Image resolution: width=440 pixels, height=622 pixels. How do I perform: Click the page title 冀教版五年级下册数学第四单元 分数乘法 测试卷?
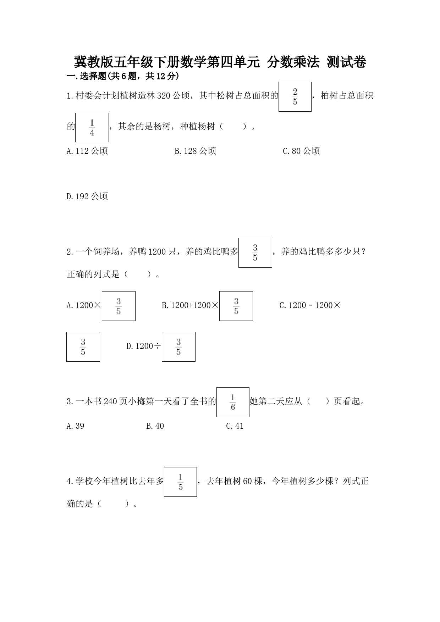click(x=220, y=62)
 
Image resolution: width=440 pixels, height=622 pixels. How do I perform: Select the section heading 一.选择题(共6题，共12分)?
click(x=123, y=76)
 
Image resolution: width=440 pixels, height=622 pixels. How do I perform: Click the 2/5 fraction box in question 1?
click(x=295, y=97)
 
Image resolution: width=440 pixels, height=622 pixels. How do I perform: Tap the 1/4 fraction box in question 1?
click(x=92, y=127)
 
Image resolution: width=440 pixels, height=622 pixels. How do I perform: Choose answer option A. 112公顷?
click(x=87, y=151)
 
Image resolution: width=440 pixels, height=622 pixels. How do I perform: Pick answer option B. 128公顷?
click(x=196, y=151)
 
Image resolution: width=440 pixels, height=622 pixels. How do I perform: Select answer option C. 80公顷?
click(x=302, y=151)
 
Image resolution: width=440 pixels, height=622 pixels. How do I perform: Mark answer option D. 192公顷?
click(x=87, y=196)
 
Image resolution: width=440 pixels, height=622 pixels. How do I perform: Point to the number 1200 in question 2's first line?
click(x=157, y=252)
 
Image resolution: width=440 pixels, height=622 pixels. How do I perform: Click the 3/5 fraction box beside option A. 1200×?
click(x=119, y=306)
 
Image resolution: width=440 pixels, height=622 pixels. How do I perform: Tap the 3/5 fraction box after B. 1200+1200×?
click(x=236, y=306)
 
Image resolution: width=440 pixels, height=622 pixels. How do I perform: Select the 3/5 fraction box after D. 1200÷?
click(x=178, y=347)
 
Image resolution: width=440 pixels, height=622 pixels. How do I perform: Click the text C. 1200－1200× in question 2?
click(x=310, y=305)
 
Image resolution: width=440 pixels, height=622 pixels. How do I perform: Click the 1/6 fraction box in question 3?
click(x=233, y=402)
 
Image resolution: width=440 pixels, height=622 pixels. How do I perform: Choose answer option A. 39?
click(x=76, y=426)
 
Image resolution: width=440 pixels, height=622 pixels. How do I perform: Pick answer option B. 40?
click(x=155, y=426)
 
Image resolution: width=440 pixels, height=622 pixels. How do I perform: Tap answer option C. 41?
click(x=235, y=426)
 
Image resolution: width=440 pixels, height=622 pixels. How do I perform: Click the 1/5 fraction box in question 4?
click(x=180, y=482)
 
